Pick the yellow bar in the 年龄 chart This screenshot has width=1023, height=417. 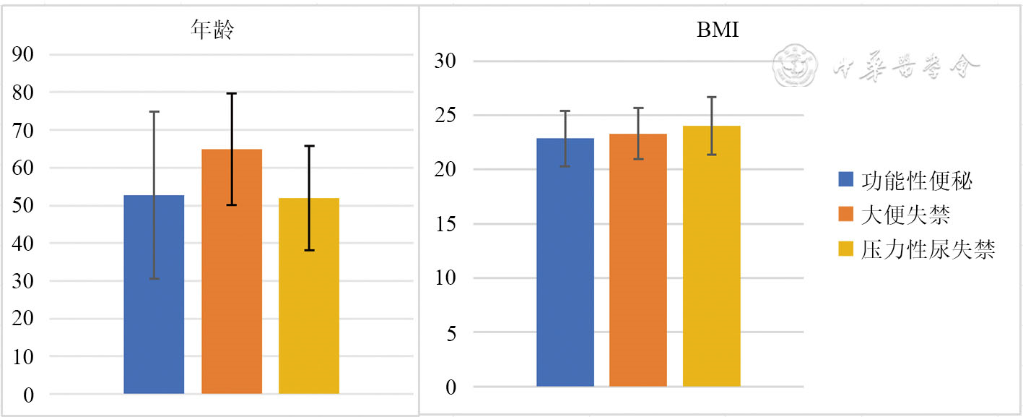[309, 296]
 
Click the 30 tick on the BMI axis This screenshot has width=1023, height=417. [444, 61]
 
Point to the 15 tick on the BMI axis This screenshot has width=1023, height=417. [444, 224]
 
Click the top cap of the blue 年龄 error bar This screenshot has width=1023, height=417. [154, 111]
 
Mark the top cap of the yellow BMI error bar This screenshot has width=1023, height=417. [712, 97]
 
